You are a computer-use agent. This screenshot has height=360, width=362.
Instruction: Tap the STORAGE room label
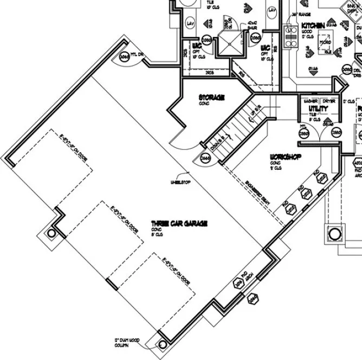[x=211, y=98]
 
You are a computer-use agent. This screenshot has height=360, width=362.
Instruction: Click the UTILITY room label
[x=318, y=108]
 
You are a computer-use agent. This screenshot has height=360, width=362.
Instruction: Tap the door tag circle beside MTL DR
[x=124, y=58]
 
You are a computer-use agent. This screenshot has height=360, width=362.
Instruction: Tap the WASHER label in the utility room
[x=311, y=101]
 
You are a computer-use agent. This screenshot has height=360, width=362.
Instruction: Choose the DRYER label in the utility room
[x=328, y=101]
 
